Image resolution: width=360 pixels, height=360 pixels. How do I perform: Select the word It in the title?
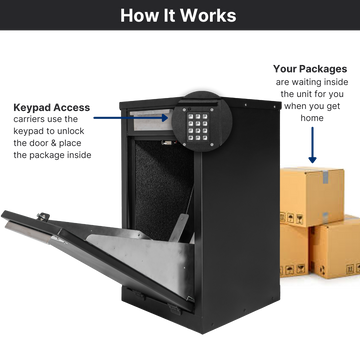coord(171,15)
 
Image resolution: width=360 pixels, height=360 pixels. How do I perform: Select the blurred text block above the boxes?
coord(311,90)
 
